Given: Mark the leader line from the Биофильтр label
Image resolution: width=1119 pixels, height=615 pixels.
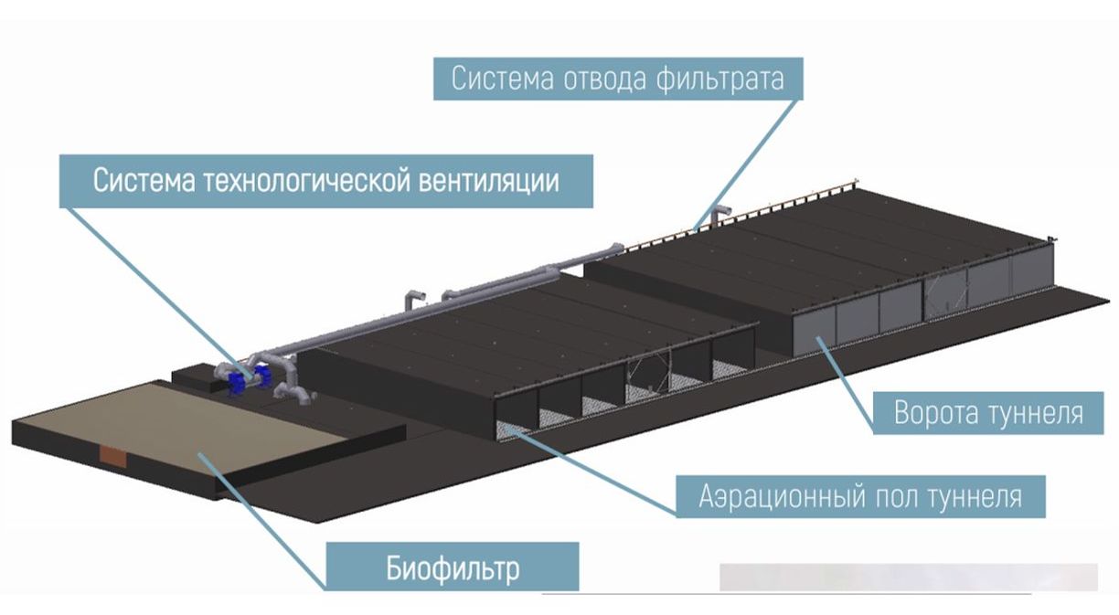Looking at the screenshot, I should (x=265, y=516).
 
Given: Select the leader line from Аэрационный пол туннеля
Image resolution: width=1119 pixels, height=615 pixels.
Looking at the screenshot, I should (x=594, y=468).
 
